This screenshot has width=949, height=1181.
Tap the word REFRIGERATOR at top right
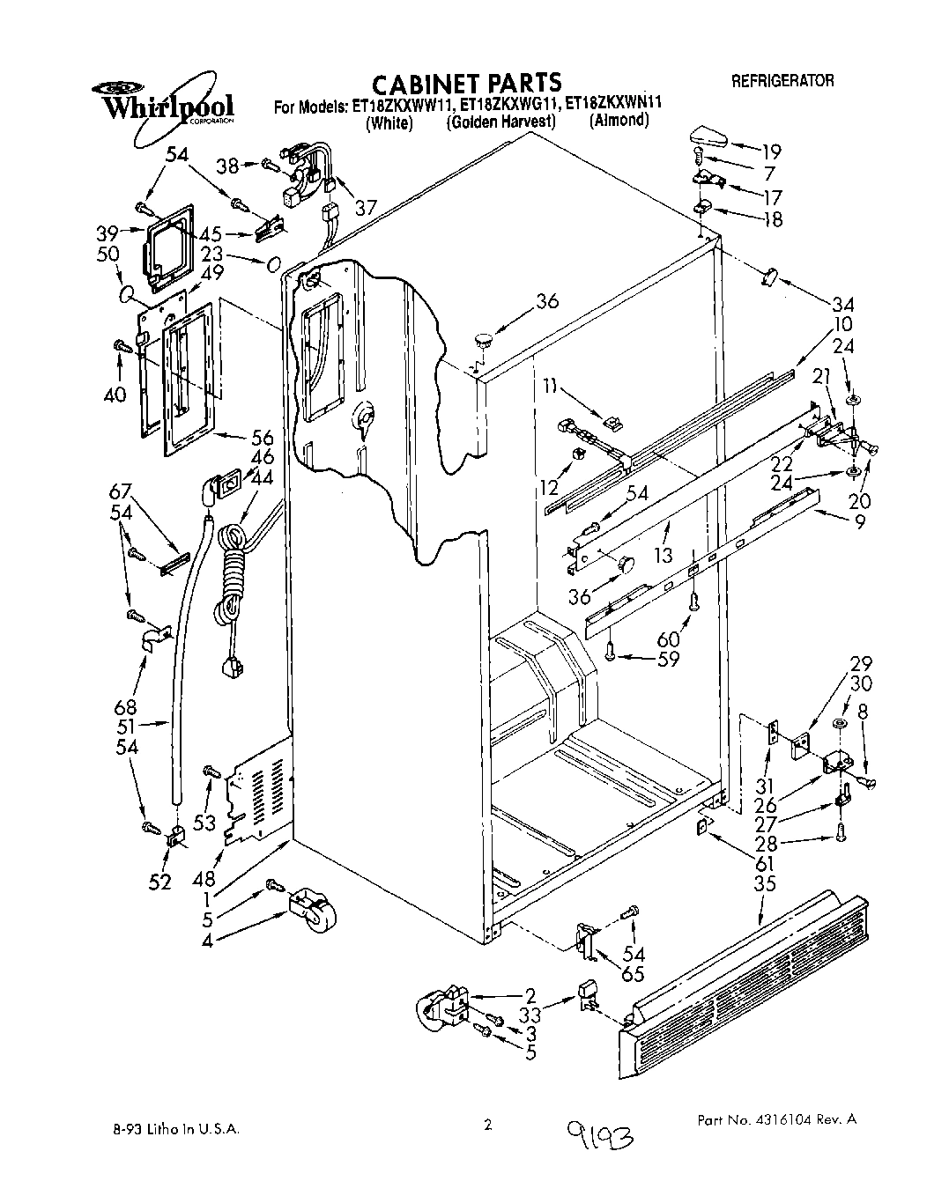coord(782,81)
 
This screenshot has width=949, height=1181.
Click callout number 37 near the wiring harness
coord(366,207)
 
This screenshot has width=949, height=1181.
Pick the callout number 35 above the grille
coord(765,882)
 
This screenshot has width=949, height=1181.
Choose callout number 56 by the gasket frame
coord(262,438)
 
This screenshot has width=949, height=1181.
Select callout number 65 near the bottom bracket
coord(634,975)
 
